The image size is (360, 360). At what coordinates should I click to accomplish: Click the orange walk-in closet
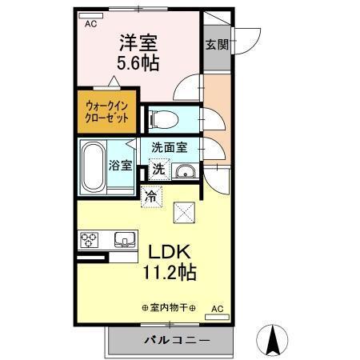(x=106, y=110)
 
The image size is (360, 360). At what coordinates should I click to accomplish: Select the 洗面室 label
(x=169, y=146)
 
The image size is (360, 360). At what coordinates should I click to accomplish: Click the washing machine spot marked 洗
(x=159, y=169)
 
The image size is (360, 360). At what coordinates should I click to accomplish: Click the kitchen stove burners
(x=89, y=239)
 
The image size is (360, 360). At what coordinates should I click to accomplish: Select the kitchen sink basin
(x=125, y=239)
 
